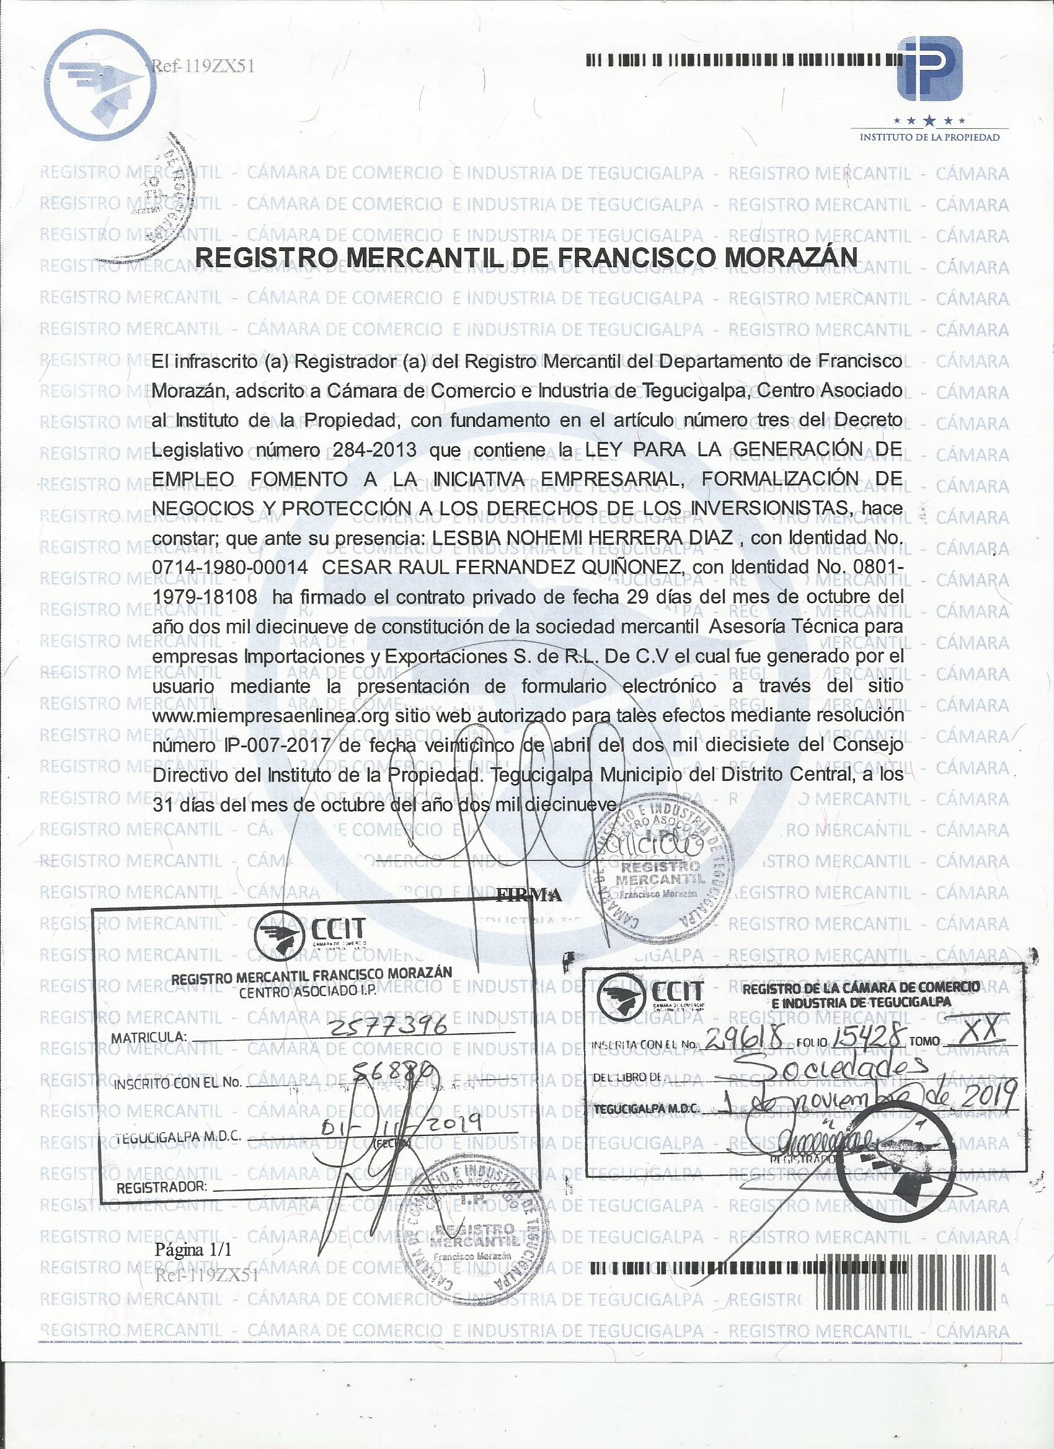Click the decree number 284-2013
374,451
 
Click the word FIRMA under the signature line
529,895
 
